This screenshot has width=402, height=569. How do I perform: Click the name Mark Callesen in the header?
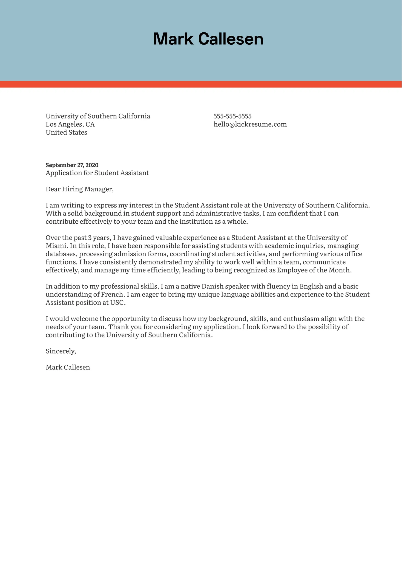pos(208,39)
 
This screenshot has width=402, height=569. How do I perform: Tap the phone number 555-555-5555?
pos(232,116)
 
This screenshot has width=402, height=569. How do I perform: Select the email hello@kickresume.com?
pos(250,124)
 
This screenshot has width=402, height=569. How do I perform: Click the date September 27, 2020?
pos(72,165)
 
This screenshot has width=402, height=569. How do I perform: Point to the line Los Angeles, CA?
pos(70,124)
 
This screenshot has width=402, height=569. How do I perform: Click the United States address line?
pos(66,132)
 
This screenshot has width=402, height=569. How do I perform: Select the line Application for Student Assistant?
pos(97,173)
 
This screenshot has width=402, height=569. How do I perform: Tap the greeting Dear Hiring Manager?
pos(79,189)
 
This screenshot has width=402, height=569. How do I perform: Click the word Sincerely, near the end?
pos(61,351)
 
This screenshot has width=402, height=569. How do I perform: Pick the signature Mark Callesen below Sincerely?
pos(68,367)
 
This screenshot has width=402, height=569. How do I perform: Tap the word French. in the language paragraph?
pos(113,294)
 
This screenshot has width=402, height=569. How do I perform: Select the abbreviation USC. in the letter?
pos(118,303)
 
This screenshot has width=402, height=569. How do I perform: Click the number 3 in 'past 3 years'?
pos(89,238)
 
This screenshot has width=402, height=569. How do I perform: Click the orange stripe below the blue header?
pos(201,84)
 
